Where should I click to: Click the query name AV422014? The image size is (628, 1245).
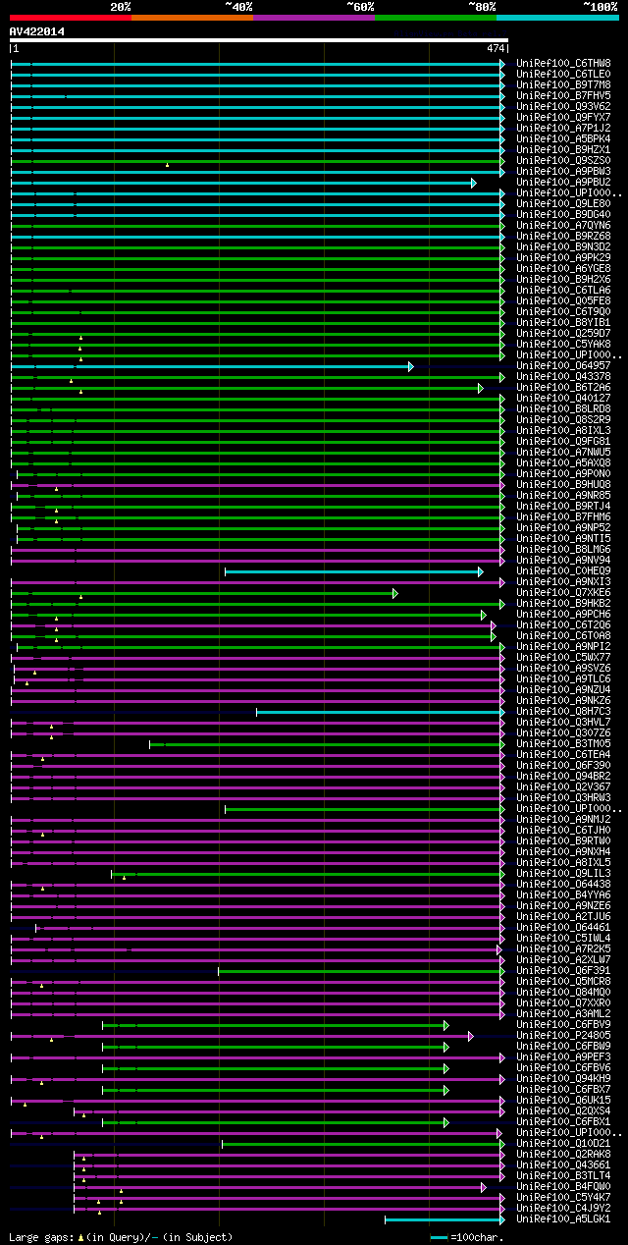(37, 31)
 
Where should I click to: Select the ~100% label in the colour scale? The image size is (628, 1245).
(600, 7)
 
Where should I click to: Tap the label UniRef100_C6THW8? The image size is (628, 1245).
(563, 63)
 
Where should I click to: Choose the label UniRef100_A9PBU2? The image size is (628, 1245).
(563, 183)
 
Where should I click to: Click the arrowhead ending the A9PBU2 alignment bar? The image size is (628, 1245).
(474, 183)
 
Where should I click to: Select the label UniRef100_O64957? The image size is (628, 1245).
(563, 366)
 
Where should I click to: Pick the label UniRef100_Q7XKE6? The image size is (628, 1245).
(563, 593)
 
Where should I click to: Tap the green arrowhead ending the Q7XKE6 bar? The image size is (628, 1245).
(395, 593)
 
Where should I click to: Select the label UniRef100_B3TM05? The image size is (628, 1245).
(563, 744)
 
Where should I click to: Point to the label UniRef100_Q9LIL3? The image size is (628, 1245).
(563, 874)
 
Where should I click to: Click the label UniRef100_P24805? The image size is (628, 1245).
(563, 1036)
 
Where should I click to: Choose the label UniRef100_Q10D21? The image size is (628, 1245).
(563, 1144)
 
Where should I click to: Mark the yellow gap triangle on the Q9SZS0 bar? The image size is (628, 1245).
(167, 165)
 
